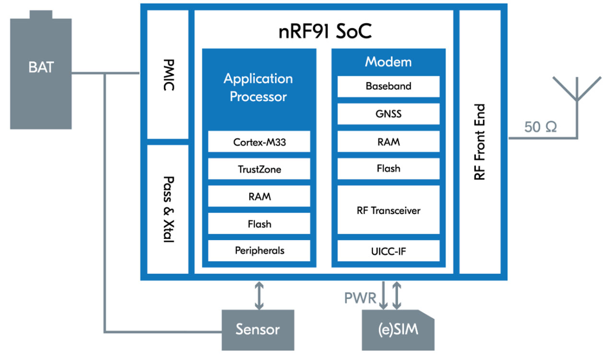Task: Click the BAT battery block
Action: coord(41,72)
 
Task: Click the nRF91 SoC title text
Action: coord(325,32)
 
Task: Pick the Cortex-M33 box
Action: coord(259,142)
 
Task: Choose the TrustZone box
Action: coord(259,169)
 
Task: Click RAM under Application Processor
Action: coord(259,196)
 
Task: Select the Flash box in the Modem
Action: coord(388,168)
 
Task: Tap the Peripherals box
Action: coord(259,250)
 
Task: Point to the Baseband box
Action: coord(388,86)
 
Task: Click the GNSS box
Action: coord(388,114)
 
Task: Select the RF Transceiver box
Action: coord(388,210)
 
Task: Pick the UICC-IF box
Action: coord(388,250)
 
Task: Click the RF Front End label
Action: coord(480,142)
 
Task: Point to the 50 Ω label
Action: coord(540,128)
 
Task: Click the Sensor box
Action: coord(258,330)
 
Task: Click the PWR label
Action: coord(360,298)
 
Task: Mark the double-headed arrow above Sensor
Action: coord(259,295)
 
